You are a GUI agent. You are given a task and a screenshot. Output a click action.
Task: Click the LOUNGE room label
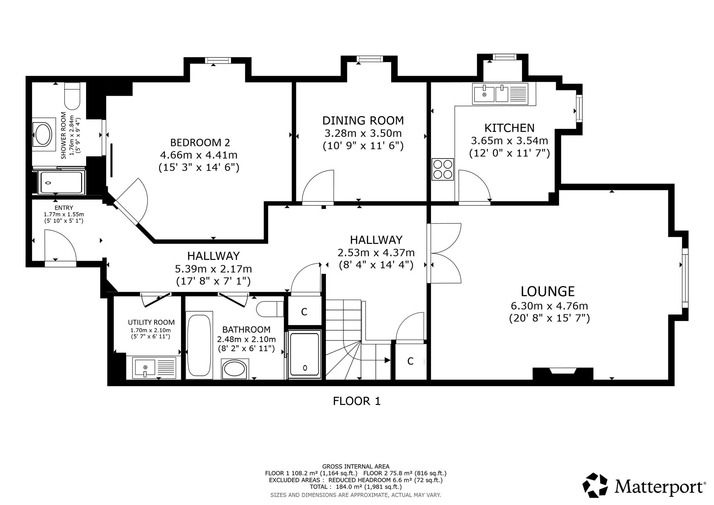tap(548, 291)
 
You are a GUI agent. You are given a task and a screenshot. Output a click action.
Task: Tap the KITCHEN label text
tap(509, 128)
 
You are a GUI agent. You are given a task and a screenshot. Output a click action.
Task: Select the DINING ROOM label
tap(363, 121)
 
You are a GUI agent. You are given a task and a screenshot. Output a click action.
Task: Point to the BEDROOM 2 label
tap(200, 142)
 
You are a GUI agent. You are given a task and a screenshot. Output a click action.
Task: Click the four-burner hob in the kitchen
tap(443, 169)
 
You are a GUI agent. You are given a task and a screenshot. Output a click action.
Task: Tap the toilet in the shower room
tap(72, 96)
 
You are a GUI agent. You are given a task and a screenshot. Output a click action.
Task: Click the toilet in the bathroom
tap(270, 309)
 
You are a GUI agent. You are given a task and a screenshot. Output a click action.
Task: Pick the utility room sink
tap(154, 368)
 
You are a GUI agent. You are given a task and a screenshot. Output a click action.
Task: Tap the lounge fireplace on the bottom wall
tap(563, 374)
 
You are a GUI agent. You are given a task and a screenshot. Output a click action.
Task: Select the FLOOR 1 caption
tap(357, 401)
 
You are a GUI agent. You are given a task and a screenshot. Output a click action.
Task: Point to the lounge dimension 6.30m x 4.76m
tap(549, 306)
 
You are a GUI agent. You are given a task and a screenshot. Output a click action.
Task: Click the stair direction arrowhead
tap(387, 360)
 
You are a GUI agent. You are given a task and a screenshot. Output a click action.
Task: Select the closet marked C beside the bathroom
tap(304, 312)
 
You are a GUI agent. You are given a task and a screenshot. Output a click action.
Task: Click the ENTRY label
tap(64, 208)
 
